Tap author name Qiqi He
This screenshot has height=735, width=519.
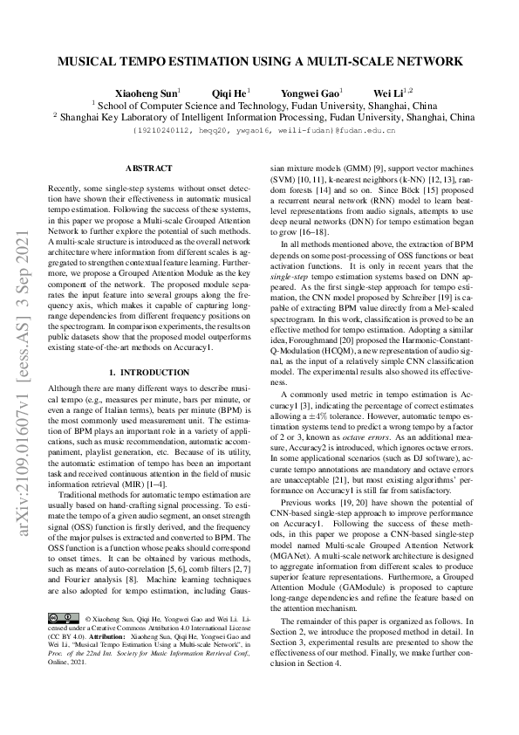point(229,92)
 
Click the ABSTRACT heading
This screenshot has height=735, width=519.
point(148,168)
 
